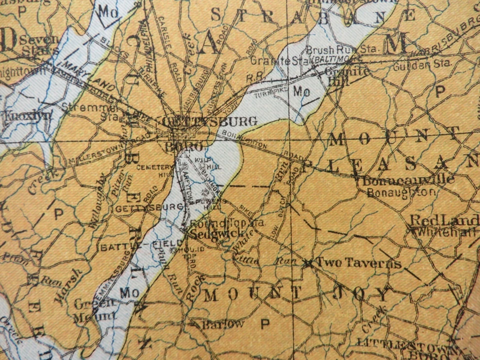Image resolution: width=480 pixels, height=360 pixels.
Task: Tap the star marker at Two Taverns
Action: click(x=309, y=263)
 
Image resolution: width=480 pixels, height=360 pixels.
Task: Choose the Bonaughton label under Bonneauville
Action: click(x=401, y=191)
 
